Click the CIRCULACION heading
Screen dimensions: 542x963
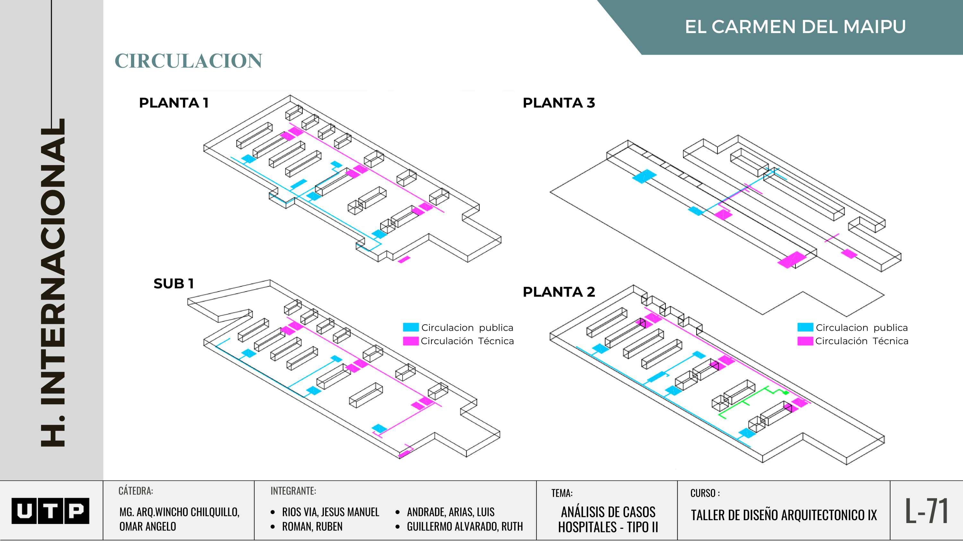pyautogui.click(x=188, y=61)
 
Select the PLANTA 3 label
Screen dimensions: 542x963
pyautogui.click(x=559, y=103)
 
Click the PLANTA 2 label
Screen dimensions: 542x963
pyautogui.click(x=559, y=292)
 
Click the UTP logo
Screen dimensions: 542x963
pyautogui.click(x=50, y=511)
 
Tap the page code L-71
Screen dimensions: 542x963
pyautogui.click(x=926, y=511)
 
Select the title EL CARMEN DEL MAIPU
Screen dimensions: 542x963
pyautogui.click(x=795, y=27)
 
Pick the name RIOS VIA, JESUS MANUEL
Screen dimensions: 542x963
pyautogui.click(x=331, y=512)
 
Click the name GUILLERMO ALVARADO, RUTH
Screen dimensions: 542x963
pyautogui.click(x=465, y=526)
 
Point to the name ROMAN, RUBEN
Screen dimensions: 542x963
pyautogui.click(x=312, y=526)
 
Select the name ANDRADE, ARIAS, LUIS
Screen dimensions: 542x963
pyautogui.click(x=450, y=512)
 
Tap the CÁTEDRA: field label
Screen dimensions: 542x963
pyautogui.click(x=136, y=491)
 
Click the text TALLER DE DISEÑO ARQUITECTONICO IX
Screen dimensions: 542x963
pyautogui.click(x=784, y=515)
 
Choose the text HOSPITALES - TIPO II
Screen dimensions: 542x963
pyautogui.click(x=608, y=527)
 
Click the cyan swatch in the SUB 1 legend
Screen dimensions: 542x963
pyautogui.click(x=411, y=327)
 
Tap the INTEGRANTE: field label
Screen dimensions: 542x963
pyautogui.click(x=293, y=491)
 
